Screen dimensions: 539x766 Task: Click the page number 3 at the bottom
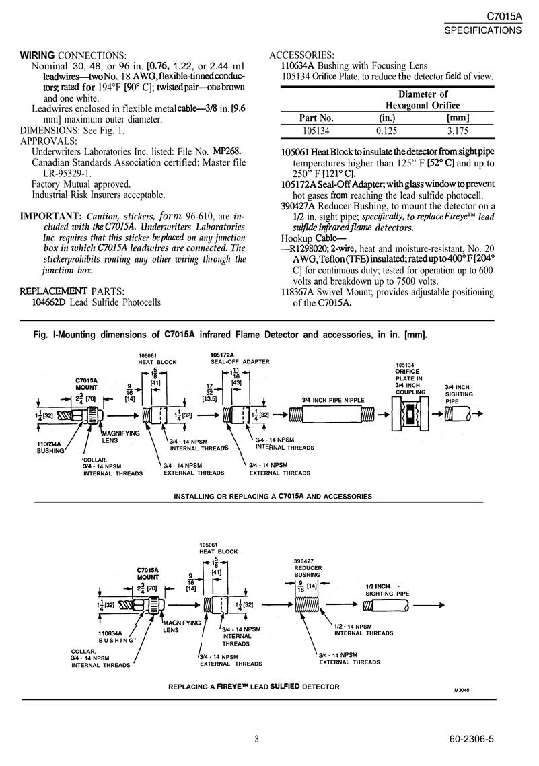coord(257,739)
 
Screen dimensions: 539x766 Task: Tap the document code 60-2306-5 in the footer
coord(471,739)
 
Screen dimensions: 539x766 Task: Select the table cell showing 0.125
coord(387,131)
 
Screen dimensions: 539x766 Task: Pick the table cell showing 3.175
coord(458,131)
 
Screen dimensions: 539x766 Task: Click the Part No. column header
coord(316,118)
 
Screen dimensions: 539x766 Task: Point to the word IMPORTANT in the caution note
coord(50,216)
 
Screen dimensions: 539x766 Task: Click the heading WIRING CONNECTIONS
coord(73,55)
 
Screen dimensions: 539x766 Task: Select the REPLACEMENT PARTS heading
coord(72,291)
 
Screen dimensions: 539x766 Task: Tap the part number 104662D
coord(48,302)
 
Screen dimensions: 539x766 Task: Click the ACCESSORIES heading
coord(301,55)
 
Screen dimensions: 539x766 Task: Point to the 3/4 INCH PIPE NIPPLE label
coord(334,400)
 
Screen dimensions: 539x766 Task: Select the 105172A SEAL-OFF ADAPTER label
coord(236,358)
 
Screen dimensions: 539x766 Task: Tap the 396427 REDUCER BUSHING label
coord(308,568)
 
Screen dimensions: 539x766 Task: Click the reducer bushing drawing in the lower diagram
coord(307,605)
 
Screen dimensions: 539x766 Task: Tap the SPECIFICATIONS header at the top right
coord(483,30)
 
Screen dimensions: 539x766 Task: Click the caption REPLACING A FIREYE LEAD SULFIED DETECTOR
coord(254,687)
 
